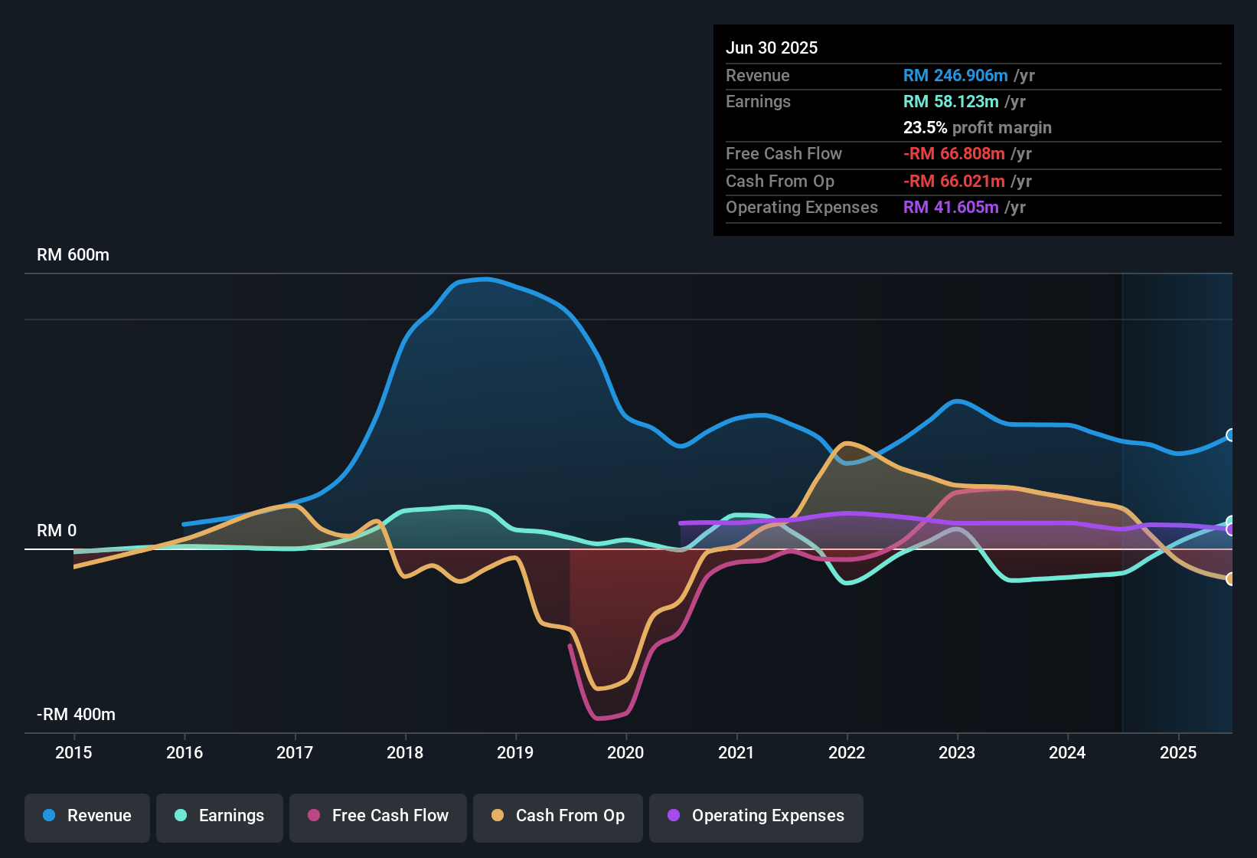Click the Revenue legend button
click(x=87, y=816)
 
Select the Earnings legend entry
click(x=220, y=816)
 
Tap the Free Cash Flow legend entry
click(x=378, y=816)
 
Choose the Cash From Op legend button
click(x=558, y=816)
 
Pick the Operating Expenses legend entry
click(x=756, y=816)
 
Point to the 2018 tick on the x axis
click(x=405, y=752)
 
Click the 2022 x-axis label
click(x=847, y=752)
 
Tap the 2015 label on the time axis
click(x=73, y=752)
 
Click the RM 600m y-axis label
click(x=73, y=255)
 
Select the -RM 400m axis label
click(x=76, y=715)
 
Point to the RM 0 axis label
click(x=57, y=531)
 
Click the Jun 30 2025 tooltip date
click(x=772, y=47)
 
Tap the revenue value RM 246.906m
click(x=955, y=75)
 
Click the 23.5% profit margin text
click(x=977, y=127)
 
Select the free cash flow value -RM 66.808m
click(x=954, y=153)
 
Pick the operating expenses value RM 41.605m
click(x=951, y=207)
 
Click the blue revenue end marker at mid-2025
click(x=1231, y=435)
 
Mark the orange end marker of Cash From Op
click(x=1231, y=579)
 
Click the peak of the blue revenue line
click(x=484, y=279)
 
